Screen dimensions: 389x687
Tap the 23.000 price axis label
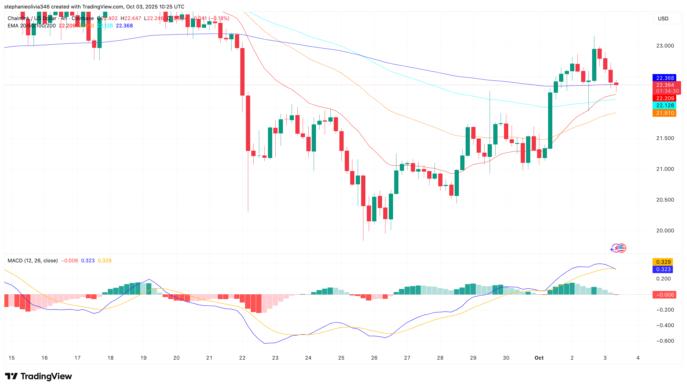665,46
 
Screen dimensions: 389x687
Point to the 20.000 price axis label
665,231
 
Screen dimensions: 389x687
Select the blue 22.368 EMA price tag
665,78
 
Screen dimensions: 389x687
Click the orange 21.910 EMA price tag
665,113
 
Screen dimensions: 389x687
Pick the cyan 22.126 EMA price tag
665,105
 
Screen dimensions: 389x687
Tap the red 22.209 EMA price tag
665,98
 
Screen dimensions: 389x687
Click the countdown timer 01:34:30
667,91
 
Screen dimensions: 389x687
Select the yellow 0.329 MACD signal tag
663,262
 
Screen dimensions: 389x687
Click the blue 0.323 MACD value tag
663,269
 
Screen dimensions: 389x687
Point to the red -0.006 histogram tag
665,295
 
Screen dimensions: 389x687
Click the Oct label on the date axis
539,358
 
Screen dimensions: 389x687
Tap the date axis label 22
242,358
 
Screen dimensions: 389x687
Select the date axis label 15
12,358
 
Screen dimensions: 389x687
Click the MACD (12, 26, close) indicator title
33,261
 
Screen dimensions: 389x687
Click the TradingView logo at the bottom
39,377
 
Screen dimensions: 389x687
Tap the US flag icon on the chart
621,248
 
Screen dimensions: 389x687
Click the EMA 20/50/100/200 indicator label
32,26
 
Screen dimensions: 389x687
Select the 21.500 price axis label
665,138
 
